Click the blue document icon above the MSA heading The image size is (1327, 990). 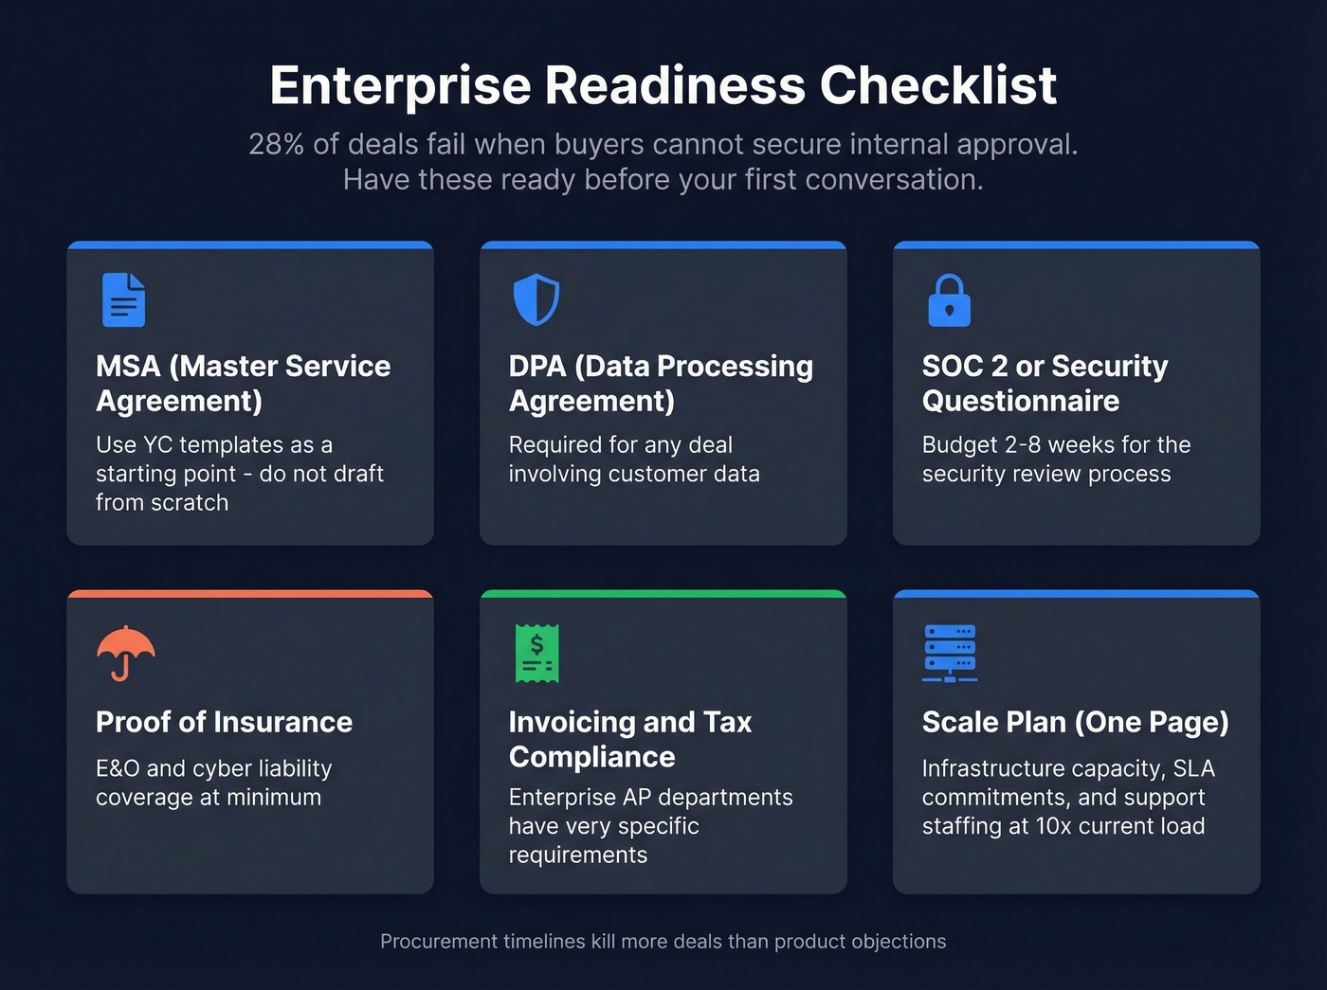(x=123, y=299)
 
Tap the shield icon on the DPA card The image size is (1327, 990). (x=536, y=299)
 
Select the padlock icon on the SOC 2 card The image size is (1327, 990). (x=949, y=300)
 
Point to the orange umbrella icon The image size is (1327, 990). (x=125, y=653)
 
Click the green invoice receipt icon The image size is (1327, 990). (x=536, y=653)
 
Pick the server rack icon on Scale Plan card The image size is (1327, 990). (x=950, y=653)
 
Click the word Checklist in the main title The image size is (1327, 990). (x=937, y=85)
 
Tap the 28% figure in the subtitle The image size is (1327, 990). (x=276, y=144)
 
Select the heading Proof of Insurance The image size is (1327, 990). (x=224, y=722)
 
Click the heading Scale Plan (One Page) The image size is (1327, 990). (x=1075, y=722)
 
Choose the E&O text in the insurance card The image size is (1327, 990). (x=118, y=768)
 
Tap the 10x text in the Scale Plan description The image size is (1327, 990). (x=1053, y=826)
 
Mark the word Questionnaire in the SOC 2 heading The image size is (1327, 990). (x=1020, y=401)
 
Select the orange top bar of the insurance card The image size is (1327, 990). (x=250, y=594)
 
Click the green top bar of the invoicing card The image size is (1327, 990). (x=663, y=594)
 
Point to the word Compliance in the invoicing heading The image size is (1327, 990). (x=591, y=757)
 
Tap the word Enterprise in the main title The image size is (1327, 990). (x=399, y=85)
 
